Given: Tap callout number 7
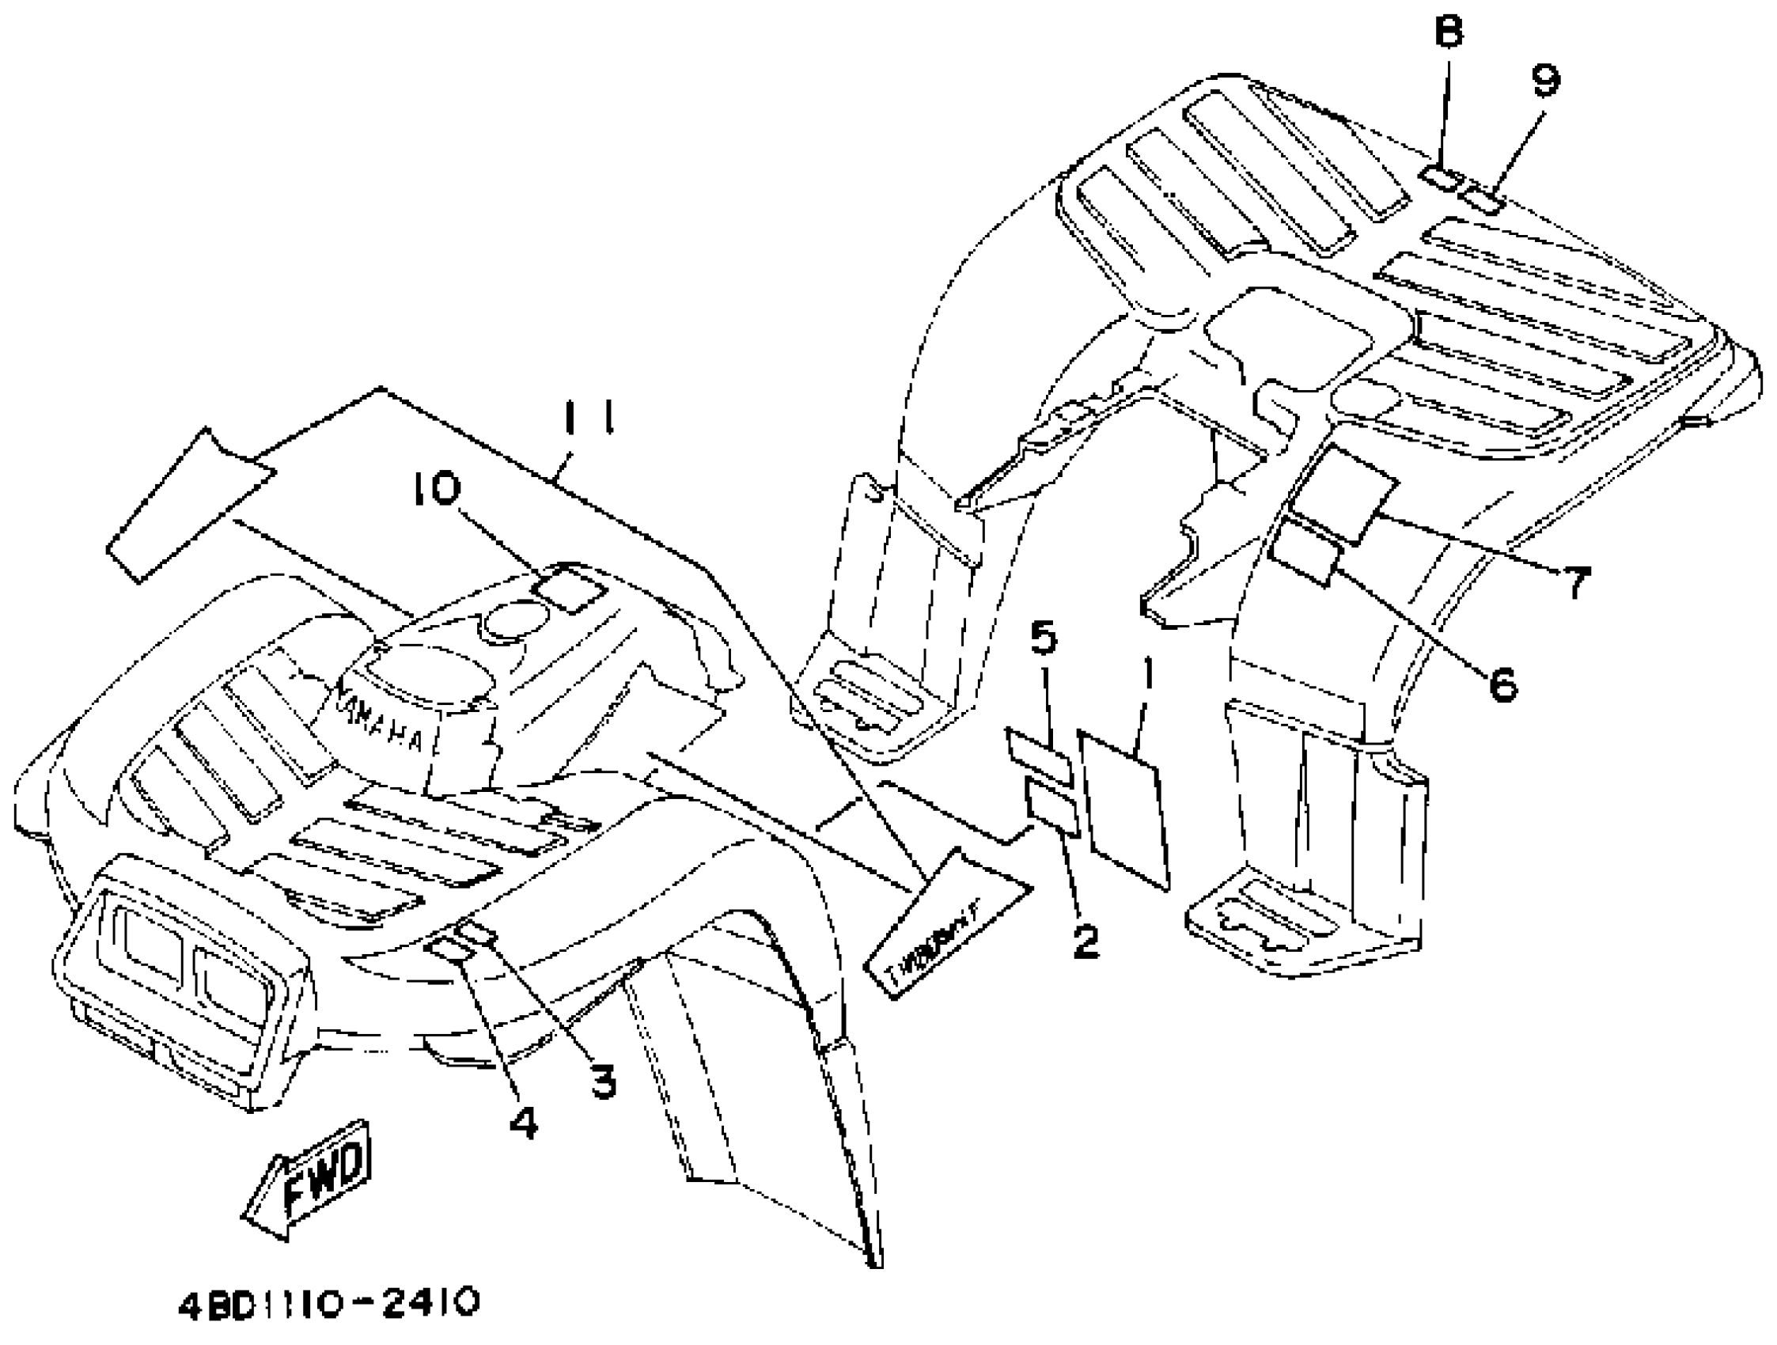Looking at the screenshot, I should (1575, 582).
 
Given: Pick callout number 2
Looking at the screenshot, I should (1086, 941).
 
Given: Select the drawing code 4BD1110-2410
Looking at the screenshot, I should (328, 1302).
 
